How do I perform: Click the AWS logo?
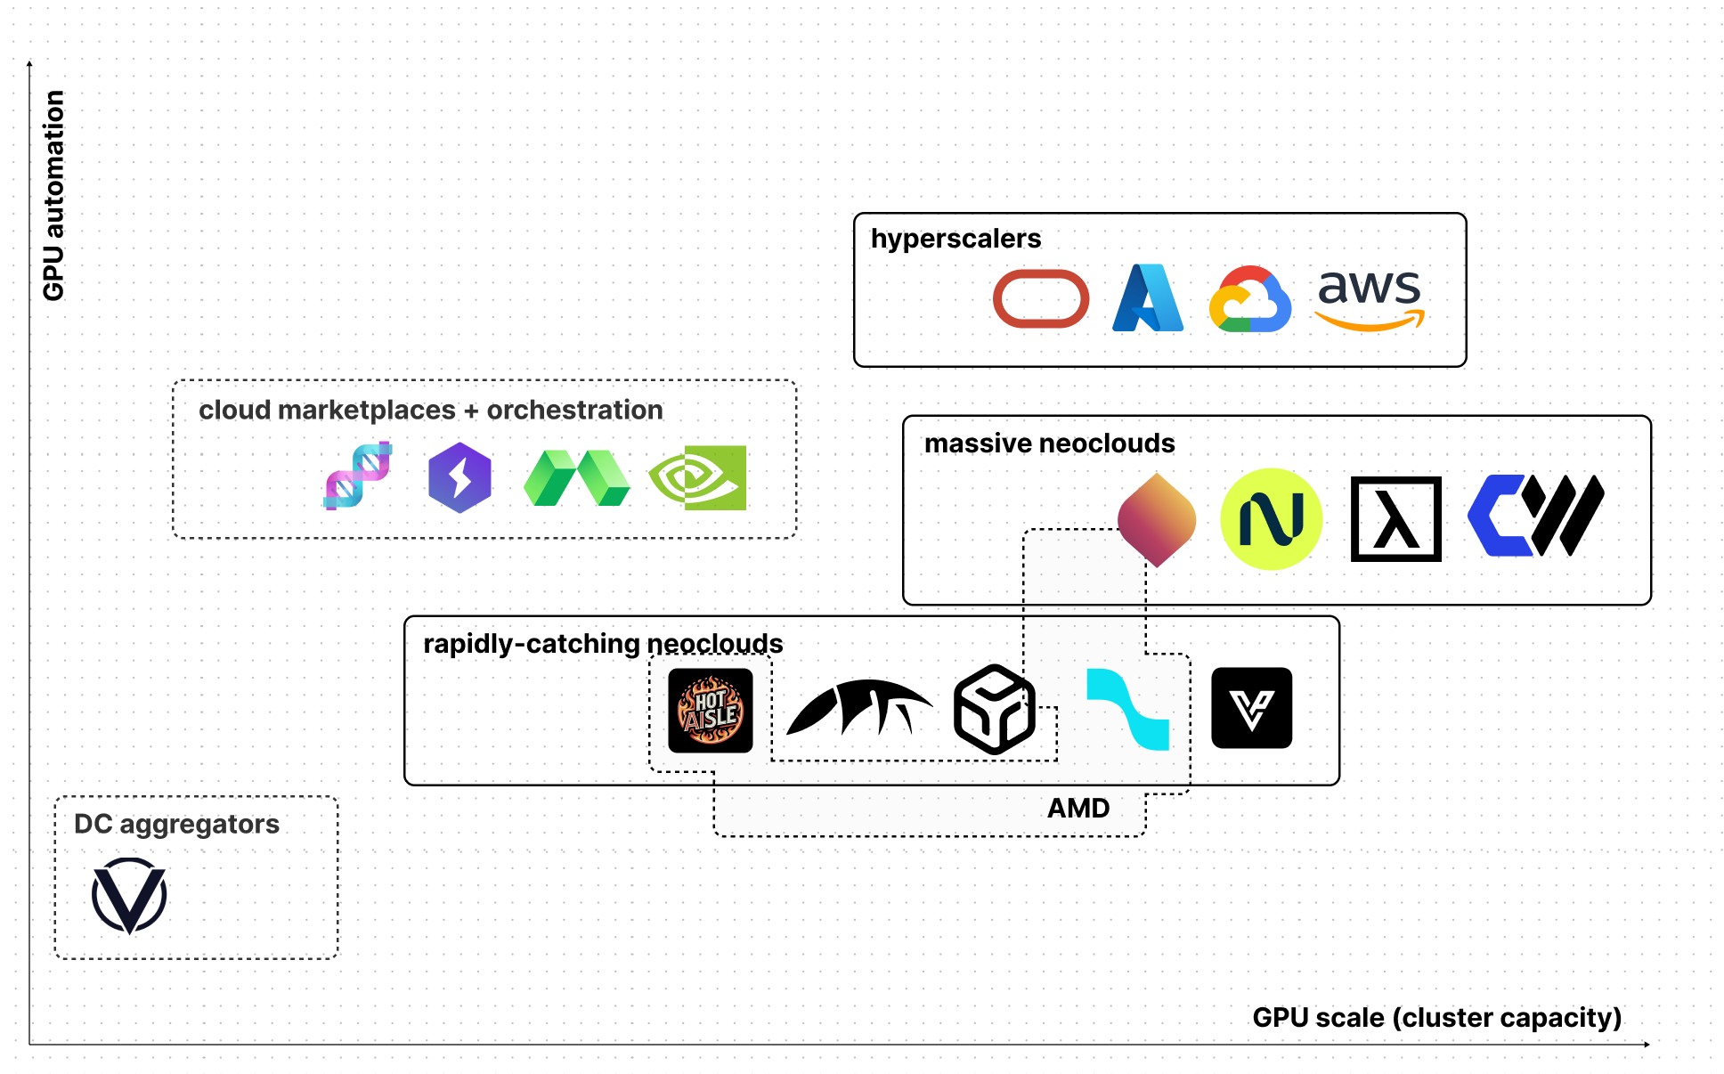point(1370,299)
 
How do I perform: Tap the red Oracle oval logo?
point(1040,299)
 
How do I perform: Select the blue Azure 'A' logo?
point(1147,298)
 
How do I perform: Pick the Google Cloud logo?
point(1250,299)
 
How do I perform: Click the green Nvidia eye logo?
point(698,478)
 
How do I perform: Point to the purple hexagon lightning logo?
point(459,478)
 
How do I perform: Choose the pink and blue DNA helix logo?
point(358,476)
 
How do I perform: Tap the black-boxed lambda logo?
point(1395,519)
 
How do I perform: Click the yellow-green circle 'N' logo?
point(1271,519)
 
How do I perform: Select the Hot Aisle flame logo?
point(710,711)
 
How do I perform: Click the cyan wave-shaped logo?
point(1127,710)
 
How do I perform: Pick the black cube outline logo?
point(994,710)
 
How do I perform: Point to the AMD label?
point(1078,809)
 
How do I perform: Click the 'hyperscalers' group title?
point(956,239)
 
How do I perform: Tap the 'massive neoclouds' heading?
point(1049,443)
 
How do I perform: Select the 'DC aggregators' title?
point(176,825)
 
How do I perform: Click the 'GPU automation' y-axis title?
point(54,196)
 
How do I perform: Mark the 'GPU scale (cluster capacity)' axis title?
point(1436,1018)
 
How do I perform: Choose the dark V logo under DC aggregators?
point(129,895)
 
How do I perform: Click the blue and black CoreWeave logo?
point(1535,516)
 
